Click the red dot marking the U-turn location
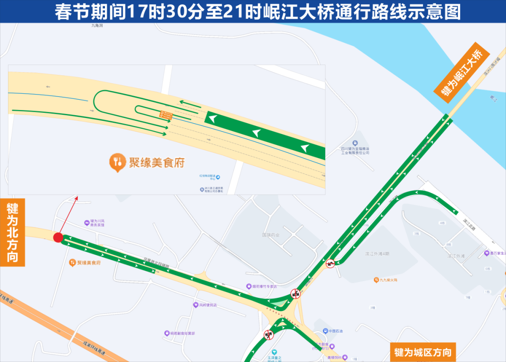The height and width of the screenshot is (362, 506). pos(58,238)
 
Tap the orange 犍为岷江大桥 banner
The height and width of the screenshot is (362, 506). pos(461,73)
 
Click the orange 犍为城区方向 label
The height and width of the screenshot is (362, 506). pos(423,352)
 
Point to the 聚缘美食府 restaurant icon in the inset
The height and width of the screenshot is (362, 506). pos(117,162)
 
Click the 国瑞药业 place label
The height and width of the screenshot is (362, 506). pos(270,235)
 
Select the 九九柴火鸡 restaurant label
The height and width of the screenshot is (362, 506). pos(386,280)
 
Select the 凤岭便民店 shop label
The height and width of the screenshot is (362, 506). pos(208,305)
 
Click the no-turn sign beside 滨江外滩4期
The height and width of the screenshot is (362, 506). pos(330,264)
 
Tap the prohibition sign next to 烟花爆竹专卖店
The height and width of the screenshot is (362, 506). pos(295,294)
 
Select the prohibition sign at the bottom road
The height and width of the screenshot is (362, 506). pos(268,334)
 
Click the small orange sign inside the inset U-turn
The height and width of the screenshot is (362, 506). pos(164,115)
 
